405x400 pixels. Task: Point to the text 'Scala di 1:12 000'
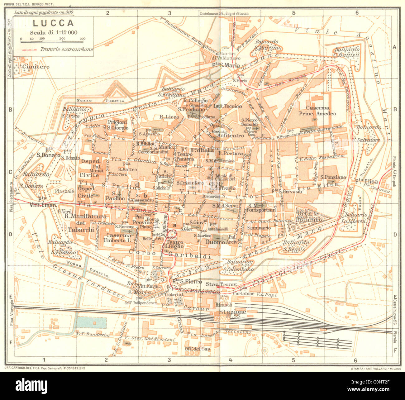54,32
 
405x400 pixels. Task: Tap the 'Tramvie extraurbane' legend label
66,49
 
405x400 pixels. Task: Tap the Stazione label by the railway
232,312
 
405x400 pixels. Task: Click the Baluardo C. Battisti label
347,52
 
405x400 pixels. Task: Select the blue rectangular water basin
91,323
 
